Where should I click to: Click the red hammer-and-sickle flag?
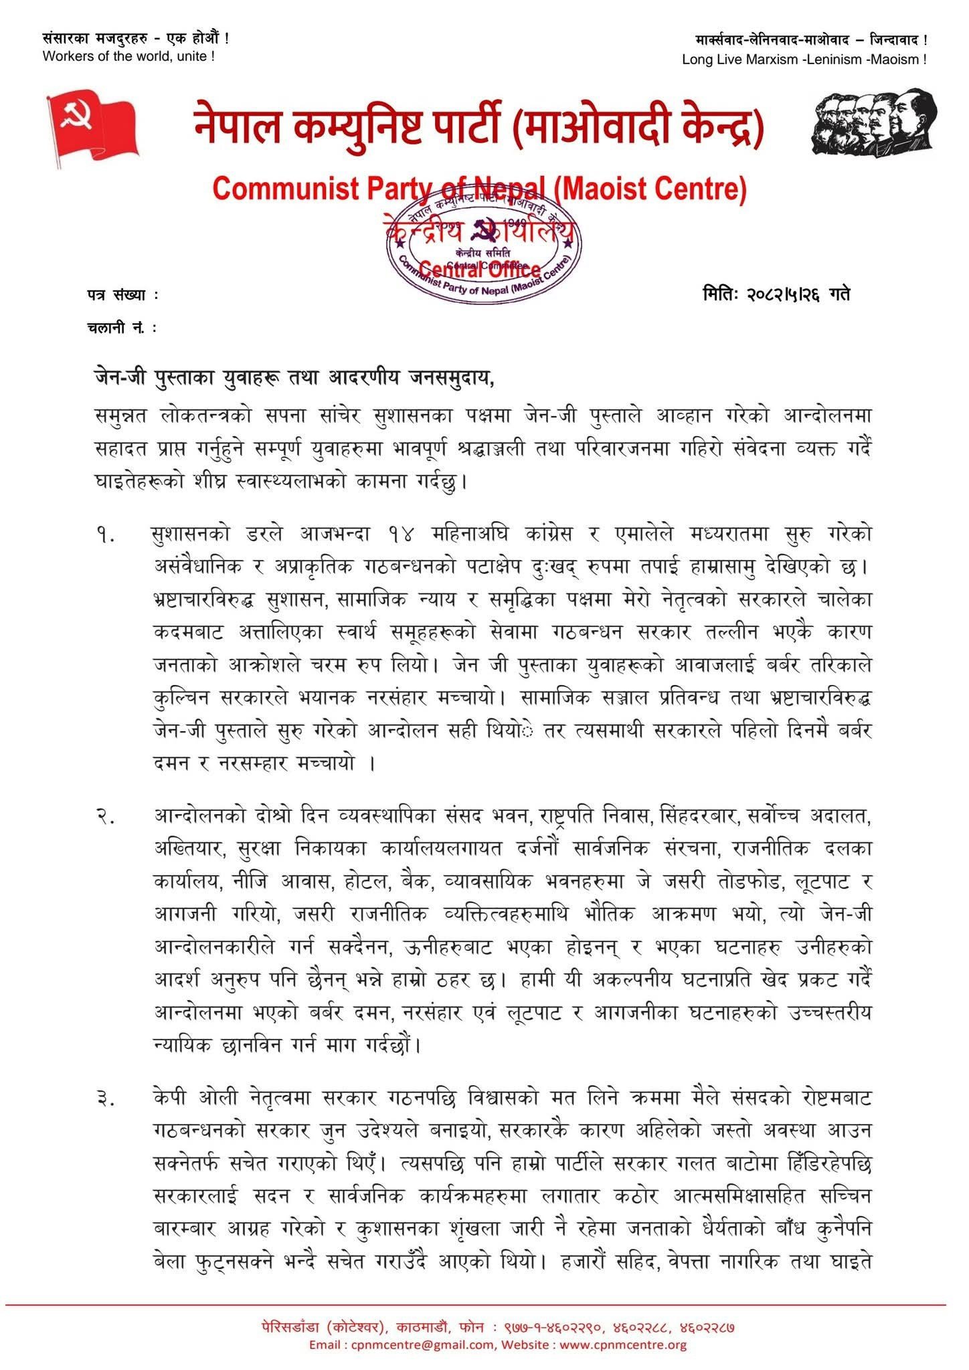pos(92,128)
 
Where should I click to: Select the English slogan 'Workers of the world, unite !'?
pos(128,57)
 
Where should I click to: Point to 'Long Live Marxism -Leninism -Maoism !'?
pos(804,60)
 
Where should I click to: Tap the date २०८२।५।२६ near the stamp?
pos(784,294)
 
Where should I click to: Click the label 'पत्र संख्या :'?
pos(123,294)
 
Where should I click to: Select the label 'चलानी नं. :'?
pos(122,328)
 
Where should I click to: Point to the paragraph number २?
pos(106,817)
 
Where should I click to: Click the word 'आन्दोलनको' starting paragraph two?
pos(197,817)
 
